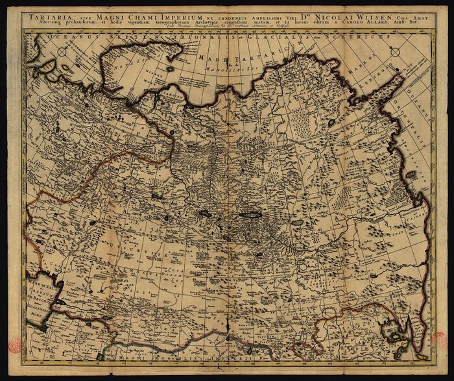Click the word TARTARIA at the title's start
[x=45, y=15]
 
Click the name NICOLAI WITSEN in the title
[x=351, y=15]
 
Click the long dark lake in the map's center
[x=250, y=214]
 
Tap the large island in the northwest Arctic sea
[x=117, y=71]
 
